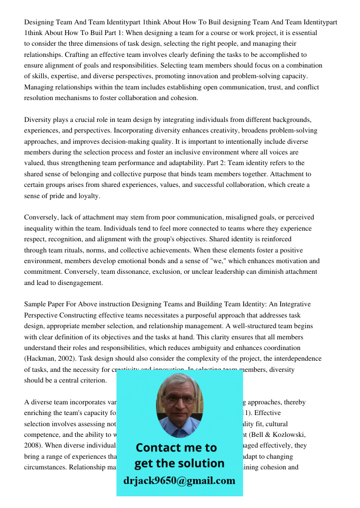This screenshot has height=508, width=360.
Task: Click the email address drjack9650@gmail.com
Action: pos(179,481)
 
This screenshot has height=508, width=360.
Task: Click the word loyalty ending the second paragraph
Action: pos(89,196)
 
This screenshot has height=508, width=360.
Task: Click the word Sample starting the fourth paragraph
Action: pos(36,304)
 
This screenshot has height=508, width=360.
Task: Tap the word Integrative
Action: pos(292,304)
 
